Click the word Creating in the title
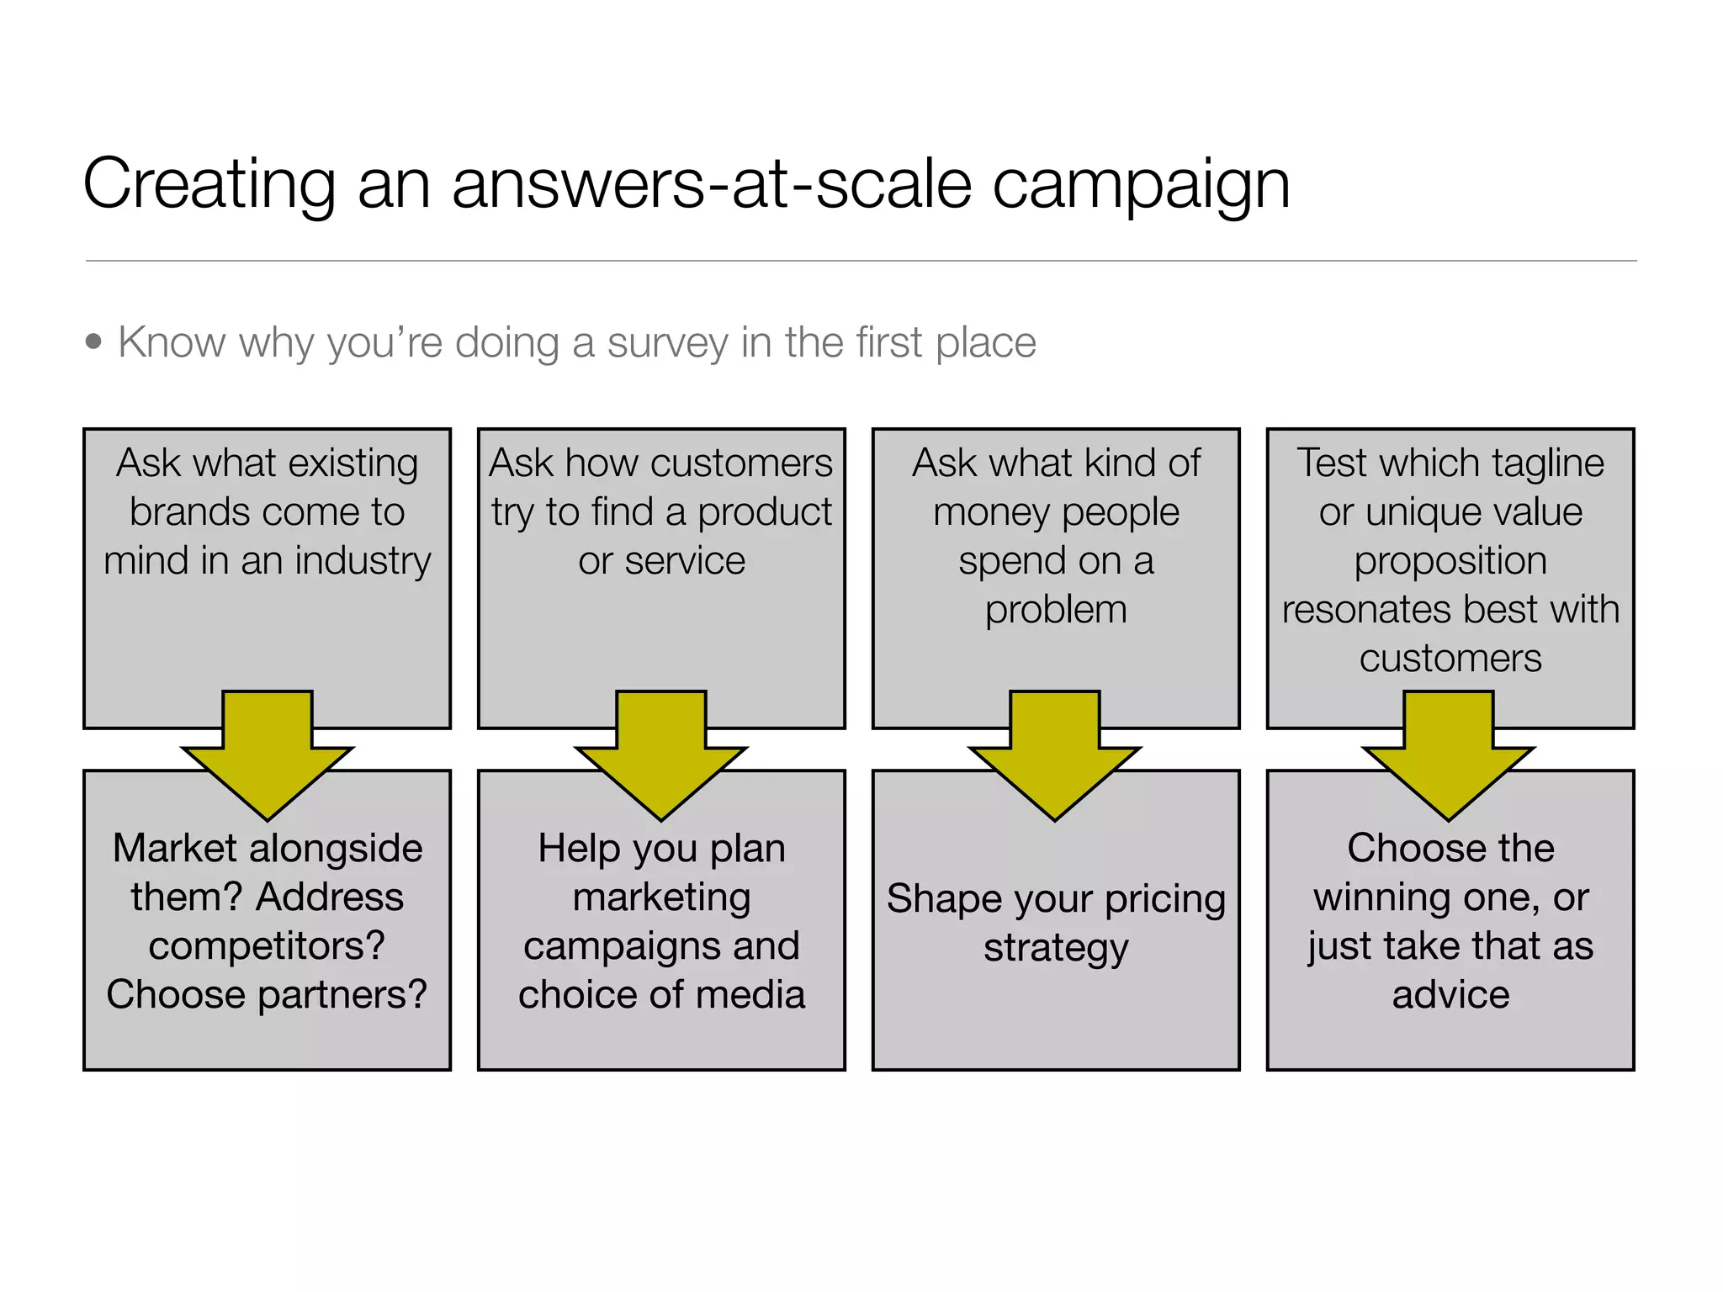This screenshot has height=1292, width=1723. tap(209, 185)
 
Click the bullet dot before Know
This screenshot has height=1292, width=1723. tap(93, 342)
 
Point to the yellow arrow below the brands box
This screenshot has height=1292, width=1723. tap(268, 757)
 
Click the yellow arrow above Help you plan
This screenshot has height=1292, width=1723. tap(661, 757)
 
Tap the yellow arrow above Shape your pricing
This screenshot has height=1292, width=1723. tap(1055, 757)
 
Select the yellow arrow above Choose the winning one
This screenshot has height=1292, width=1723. tap(1449, 757)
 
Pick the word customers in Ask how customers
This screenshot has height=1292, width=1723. tap(741, 463)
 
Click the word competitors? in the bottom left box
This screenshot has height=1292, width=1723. tap(267, 946)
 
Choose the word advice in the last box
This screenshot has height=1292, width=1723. tap(1450, 995)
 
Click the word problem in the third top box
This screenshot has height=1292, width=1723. tap(1056, 610)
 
